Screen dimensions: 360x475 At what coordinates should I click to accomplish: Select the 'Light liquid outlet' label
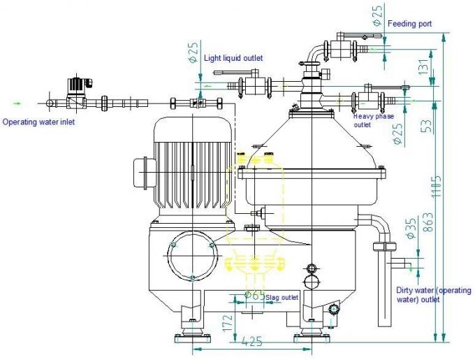click(x=233, y=58)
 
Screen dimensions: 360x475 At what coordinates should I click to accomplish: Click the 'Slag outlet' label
click(x=282, y=297)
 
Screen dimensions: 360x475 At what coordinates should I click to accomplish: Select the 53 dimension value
click(x=424, y=126)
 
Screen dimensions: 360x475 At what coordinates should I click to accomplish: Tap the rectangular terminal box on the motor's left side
click(x=142, y=172)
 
